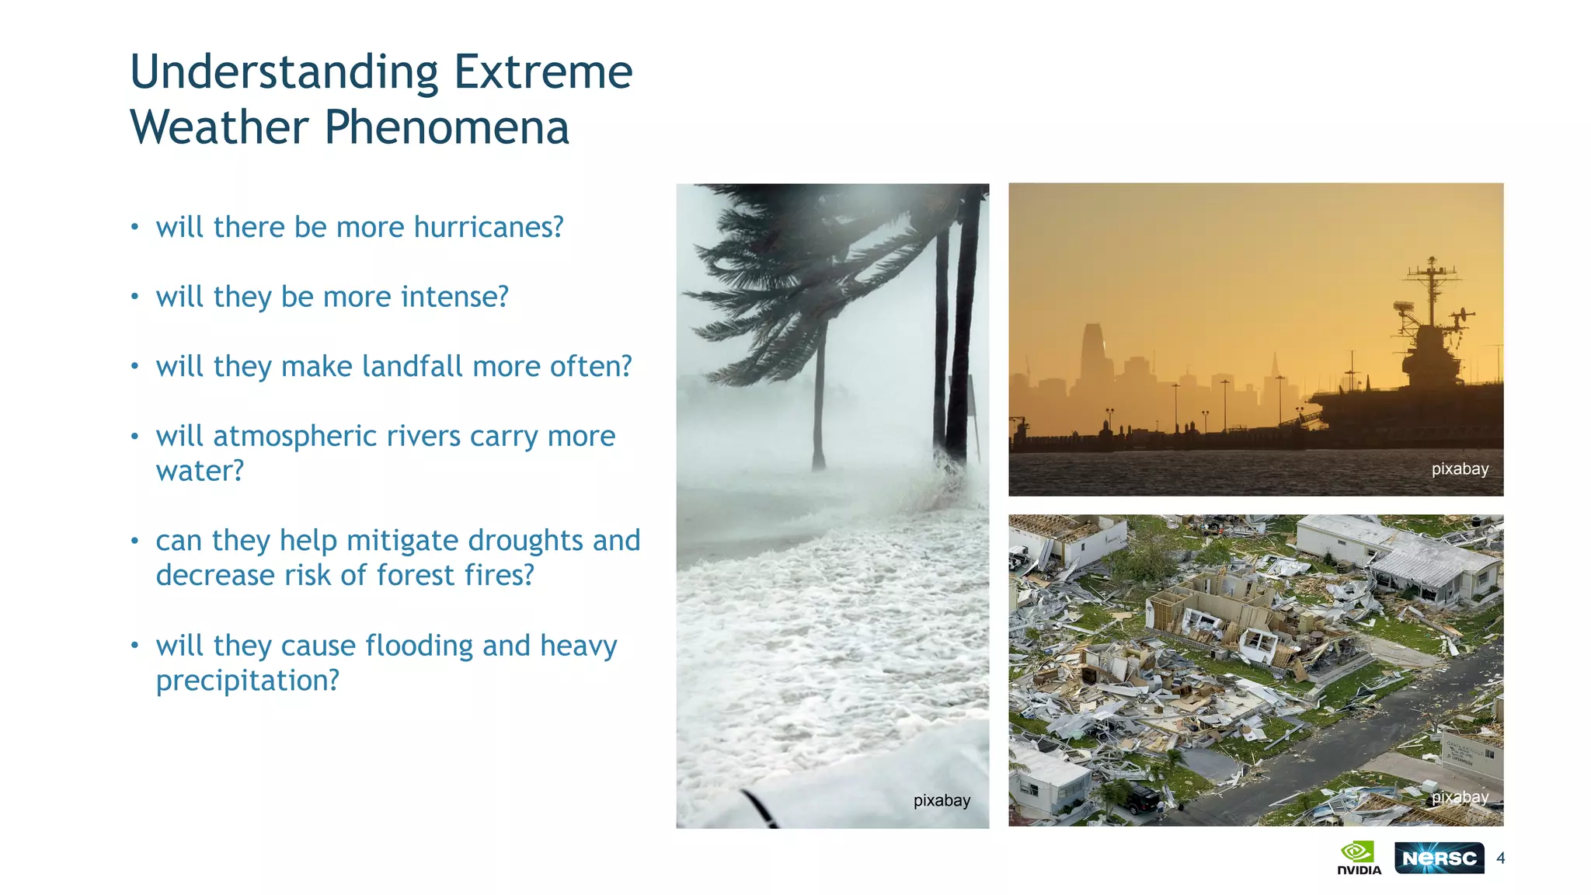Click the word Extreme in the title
(542, 72)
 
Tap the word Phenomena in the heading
(447, 128)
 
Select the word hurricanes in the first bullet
(488, 227)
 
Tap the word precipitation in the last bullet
(247, 681)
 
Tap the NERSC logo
(1439, 858)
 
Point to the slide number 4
(1500, 858)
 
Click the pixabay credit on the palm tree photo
(942, 800)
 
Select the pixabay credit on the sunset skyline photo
(1460, 468)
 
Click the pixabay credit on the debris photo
(1460, 797)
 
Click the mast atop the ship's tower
(1432, 287)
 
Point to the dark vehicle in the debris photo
(1142, 799)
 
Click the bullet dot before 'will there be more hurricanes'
(135, 227)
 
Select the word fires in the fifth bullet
(499, 576)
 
